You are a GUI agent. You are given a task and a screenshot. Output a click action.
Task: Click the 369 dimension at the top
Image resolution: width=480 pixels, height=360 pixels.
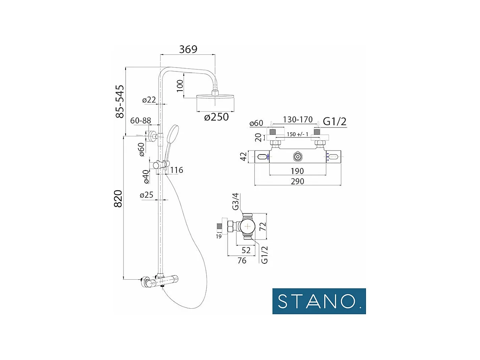click(x=188, y=49)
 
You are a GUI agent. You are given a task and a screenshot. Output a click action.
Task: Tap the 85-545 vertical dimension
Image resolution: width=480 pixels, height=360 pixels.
click(x=120, y=101)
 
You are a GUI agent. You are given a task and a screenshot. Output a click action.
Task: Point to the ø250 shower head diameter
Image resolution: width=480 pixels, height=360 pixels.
click(x=216, y=118)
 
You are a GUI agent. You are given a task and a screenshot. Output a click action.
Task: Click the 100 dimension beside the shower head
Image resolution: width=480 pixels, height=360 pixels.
click(x=180, y=86)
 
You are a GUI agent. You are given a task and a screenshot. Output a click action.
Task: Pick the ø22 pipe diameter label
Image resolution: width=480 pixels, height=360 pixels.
click(x=149, y=100)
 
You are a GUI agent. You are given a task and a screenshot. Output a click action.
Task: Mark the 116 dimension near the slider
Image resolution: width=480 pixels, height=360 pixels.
click(x=176, y=170)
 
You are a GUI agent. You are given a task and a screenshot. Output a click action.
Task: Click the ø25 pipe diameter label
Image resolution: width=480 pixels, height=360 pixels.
click(x=147, y=195)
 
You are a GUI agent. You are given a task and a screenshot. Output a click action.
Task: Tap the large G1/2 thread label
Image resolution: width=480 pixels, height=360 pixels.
click(x=335, y=122)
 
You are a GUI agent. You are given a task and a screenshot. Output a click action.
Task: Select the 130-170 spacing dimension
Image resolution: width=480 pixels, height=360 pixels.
click(x=298, y=120)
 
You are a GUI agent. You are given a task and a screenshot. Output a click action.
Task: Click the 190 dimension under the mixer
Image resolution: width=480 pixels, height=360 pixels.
click(x=297, y=171)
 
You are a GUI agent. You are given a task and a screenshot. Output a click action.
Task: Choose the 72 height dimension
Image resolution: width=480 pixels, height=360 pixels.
click(x=262, y=226)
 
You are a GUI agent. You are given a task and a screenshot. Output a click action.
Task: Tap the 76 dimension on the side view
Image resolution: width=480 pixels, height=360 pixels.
click(x=241, y=261)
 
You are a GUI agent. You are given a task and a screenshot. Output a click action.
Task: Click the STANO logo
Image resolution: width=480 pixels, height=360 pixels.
click(x=319, y=301)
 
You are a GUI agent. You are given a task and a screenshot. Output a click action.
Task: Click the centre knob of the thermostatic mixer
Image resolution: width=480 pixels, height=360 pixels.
click(x=297, y=157)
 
